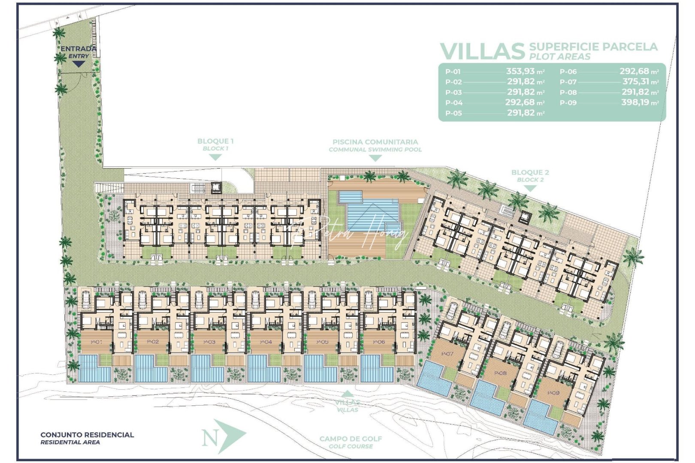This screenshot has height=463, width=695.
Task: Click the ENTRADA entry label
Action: [78, 49]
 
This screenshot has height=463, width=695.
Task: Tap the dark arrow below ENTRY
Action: [78, 64]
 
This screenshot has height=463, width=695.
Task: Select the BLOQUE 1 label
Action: [215, 141]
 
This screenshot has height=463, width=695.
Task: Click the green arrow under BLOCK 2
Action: [530, 188]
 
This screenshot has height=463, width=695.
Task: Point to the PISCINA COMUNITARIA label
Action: [375, 142]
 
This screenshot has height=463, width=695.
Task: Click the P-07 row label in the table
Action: [568, 82]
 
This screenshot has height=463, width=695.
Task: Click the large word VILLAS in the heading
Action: [482, 51]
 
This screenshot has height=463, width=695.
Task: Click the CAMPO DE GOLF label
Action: [351, 439]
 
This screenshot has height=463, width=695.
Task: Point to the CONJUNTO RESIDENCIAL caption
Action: [87, 435]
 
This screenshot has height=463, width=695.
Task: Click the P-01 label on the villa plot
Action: [97, 342]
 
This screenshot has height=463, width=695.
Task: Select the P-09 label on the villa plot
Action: [553, 393]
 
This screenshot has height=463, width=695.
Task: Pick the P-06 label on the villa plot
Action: [379, 342]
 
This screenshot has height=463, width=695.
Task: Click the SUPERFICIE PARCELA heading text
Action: [593, 47]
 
